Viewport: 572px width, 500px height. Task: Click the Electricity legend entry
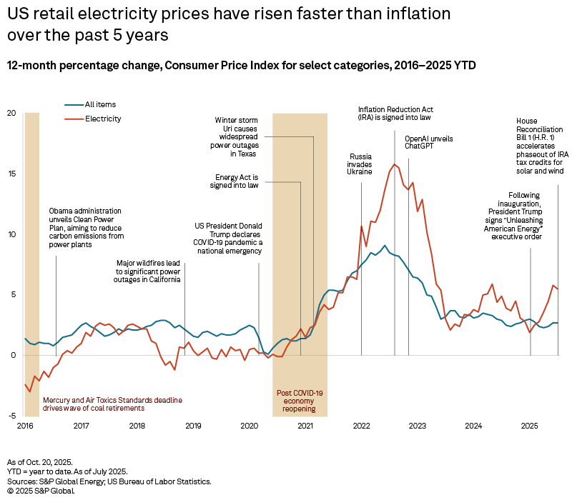(x=103, y=119)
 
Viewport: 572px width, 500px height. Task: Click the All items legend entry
(x=99, y=104)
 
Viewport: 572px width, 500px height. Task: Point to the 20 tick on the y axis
(x=11, y=113)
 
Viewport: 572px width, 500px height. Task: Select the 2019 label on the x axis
(x=193, y=426)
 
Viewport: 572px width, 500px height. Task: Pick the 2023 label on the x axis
(x=417, y=426)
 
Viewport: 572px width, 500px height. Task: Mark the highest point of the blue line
(x=385, y=245)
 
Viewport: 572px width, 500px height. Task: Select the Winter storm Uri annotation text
(x=238, y=136)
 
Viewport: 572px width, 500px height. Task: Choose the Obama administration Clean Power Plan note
(x=85, y=228)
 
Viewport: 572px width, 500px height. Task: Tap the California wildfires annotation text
(x=148, y=271)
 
